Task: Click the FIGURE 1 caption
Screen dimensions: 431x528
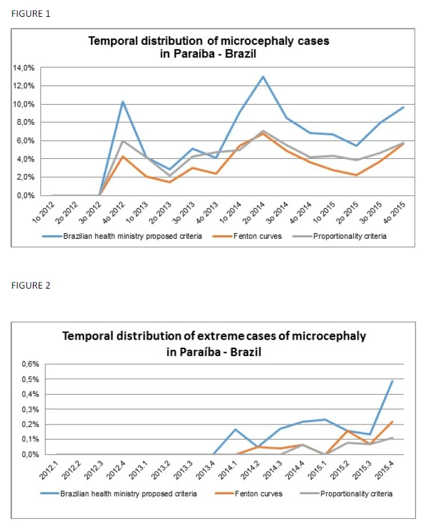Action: click(31, 14)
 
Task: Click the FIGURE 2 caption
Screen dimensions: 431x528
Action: click(31, 286)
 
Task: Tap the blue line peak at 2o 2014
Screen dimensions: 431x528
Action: click(263, 77)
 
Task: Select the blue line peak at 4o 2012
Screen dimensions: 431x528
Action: click(123, 102)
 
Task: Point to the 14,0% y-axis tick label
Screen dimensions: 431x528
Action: click(24, 68)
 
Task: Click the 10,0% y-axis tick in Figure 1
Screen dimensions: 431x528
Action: click(24, 104)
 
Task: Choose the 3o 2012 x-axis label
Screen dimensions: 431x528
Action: click(90, 213)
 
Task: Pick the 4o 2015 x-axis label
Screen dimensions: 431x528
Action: click(394, 213)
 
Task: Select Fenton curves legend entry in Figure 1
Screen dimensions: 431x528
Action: click(247, 236)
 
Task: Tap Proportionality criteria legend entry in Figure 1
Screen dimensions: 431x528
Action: click(339, 236)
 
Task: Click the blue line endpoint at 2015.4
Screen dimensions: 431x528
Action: click(392, 381)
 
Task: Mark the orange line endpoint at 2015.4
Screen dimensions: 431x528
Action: click(392, 421)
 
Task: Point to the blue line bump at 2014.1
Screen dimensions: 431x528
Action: click(235, 430)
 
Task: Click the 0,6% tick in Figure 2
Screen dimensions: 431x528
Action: click(31, 364)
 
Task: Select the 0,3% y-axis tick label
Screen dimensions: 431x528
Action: click(31, 410)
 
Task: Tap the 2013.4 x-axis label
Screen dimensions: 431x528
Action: click(206, 469)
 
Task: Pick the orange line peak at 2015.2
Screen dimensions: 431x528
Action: click(348, 431)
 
